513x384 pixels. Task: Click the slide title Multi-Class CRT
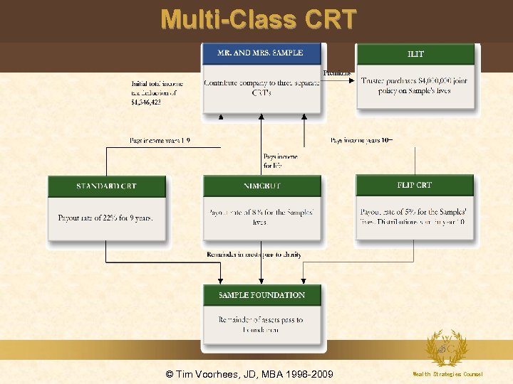(258, 19)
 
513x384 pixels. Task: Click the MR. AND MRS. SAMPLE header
(261, 53)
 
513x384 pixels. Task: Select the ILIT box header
(416, 53)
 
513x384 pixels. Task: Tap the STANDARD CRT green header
(106, 186)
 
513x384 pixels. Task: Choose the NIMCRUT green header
(261, 186)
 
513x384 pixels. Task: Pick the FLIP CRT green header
(415, 186)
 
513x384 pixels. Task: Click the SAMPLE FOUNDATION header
(261, 295)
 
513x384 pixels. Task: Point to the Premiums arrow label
(337, 73)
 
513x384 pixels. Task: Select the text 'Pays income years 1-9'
(160, 141)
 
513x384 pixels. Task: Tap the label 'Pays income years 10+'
(361, 141)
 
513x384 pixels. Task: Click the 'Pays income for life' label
(280, 161)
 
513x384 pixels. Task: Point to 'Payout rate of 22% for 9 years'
(105, 218)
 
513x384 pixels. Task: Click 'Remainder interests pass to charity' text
(254, 255)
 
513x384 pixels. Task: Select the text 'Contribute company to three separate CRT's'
(261, 87)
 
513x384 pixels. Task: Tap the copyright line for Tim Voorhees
(249, 374)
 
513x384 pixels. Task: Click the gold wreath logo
(447, 348)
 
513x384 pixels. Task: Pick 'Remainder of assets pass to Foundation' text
(261, 325)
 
